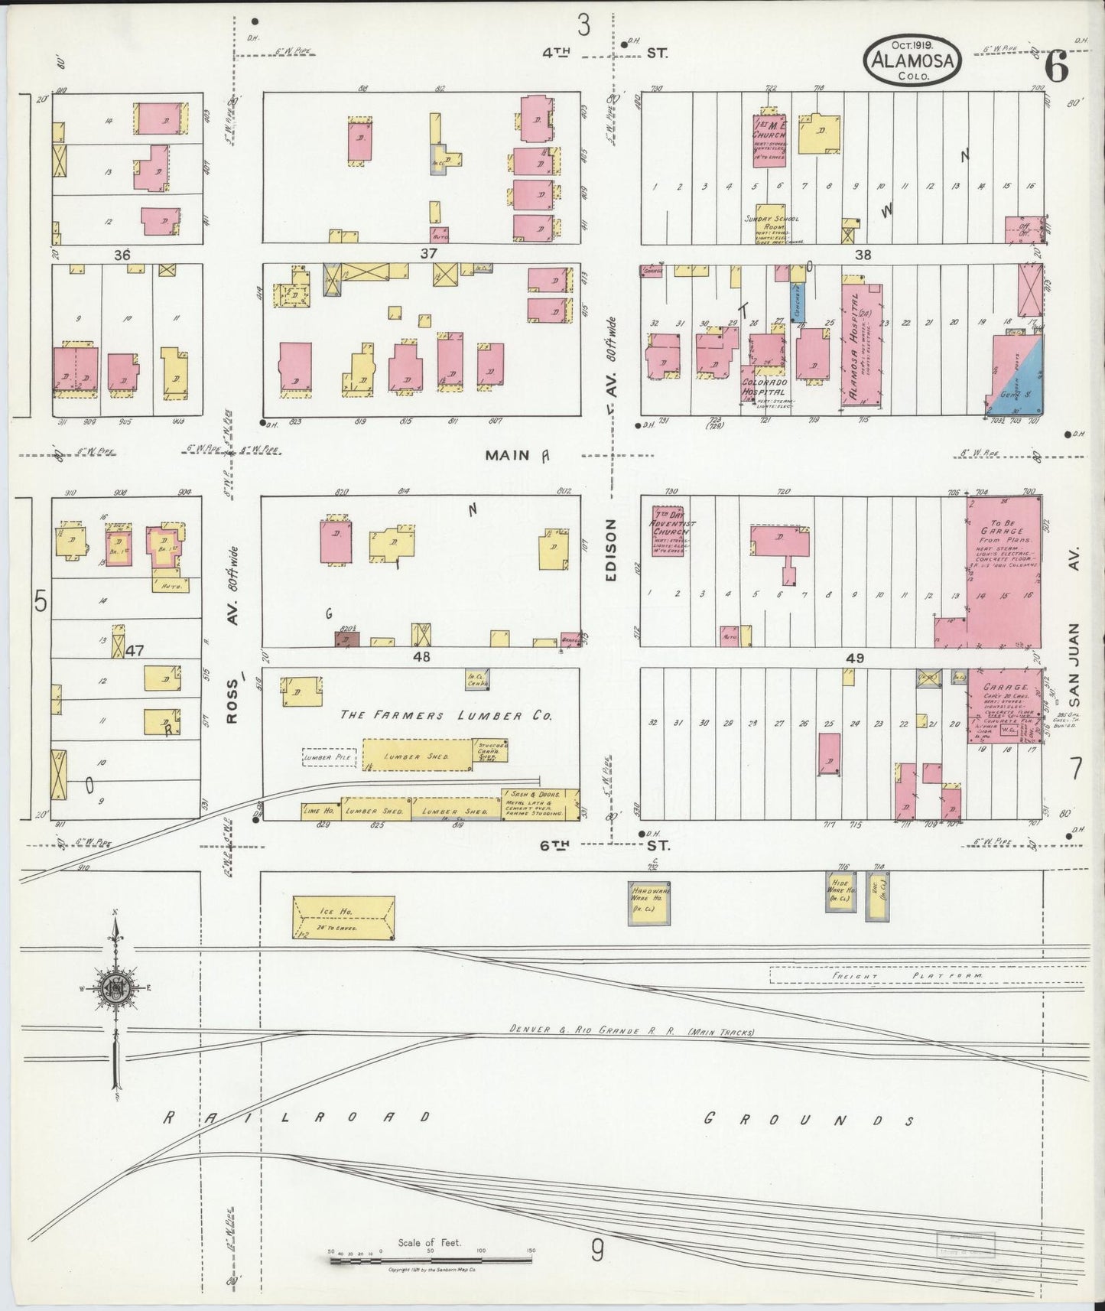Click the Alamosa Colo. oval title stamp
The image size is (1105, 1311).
(x=913, y=58)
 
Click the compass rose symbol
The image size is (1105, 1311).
(x=114, y=987)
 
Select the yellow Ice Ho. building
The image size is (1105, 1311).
(x=344, y=917)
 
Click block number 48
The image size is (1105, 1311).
(x=421, y=656)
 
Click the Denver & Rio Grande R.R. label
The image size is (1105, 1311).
(x=632, y=1032)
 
